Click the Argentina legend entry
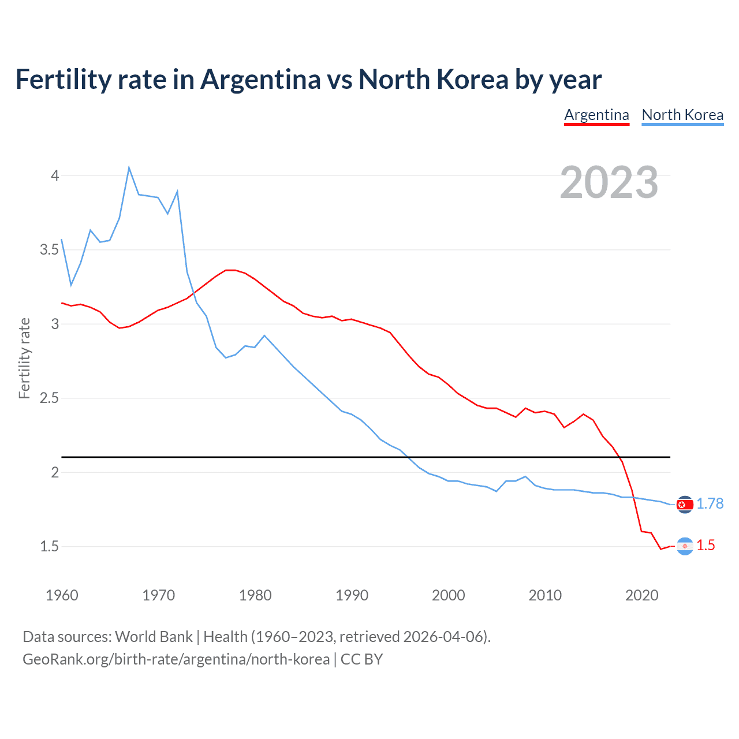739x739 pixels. coord(596,115)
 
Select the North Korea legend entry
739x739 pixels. coord(682,115)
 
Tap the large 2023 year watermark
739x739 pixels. coord(609,182)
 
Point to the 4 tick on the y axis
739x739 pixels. coord(55,176)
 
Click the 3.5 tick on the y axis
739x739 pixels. coord(50,249)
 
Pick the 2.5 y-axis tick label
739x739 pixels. coord(50,398)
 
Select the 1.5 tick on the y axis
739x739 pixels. coord(50,546)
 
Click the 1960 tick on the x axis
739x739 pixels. coord(62,595)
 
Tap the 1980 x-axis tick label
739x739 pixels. coord(255,595)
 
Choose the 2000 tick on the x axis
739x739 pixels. coord(448,595)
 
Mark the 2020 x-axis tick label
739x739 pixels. coord(641,595)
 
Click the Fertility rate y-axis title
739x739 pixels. coord(24,358)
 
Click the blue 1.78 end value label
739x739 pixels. coord(710,503)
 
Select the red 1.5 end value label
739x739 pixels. coord(706,546)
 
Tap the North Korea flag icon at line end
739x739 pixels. coord(685,505)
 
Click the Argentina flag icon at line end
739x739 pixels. coord(685,546)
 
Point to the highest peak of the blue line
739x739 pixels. coord(129,167)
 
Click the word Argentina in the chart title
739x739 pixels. coord(260,79)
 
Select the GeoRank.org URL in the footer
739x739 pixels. coord(176,659)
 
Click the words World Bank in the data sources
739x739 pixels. coord(154,637)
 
